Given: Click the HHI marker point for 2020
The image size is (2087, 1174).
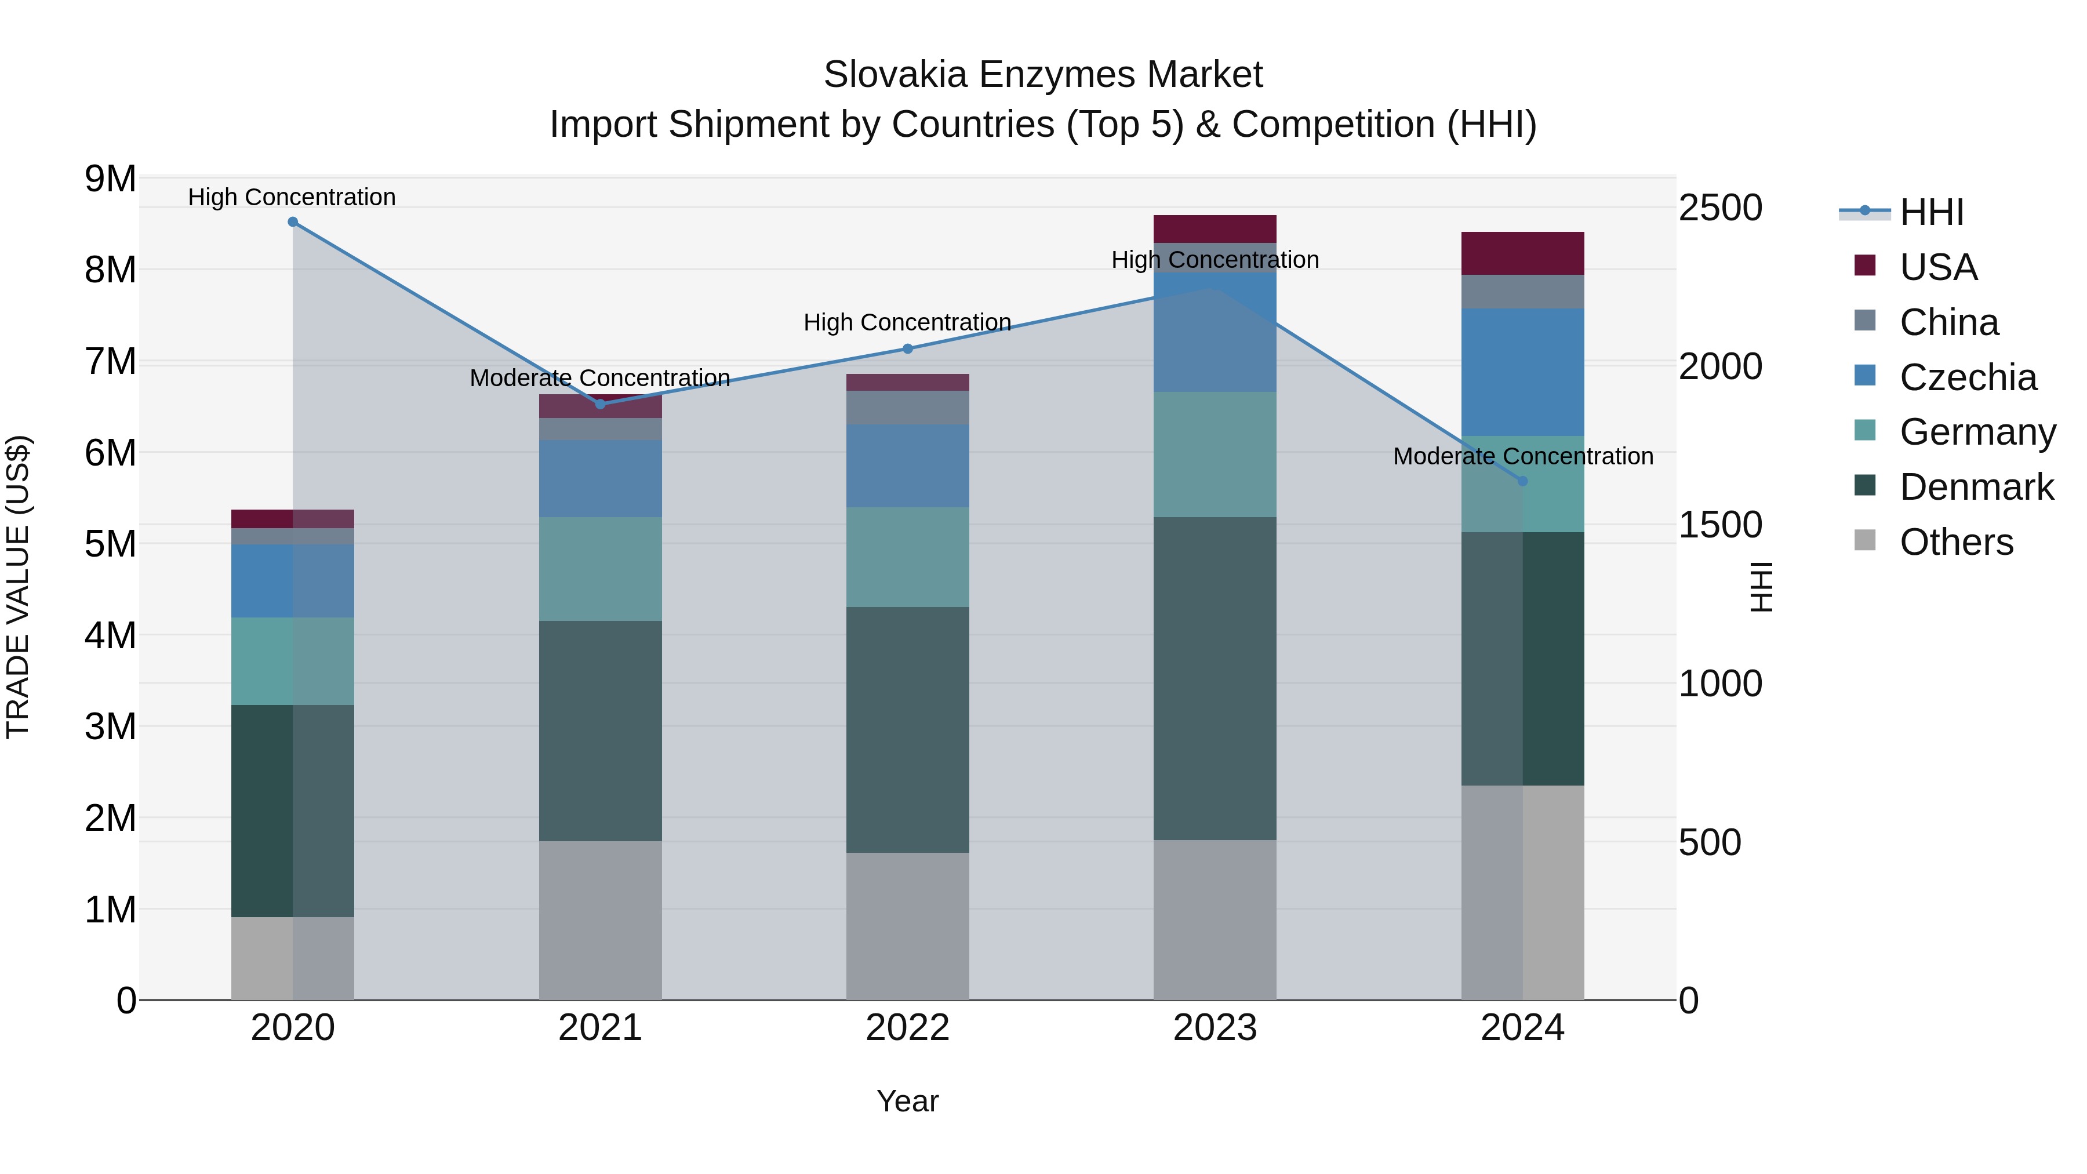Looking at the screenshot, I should [x=293, y=222].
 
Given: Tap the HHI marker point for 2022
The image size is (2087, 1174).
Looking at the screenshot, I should [x=907, y=349].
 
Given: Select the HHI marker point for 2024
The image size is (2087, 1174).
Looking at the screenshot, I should [x=1522, y=481].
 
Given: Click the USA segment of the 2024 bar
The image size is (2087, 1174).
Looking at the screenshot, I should [x=1522, y=253].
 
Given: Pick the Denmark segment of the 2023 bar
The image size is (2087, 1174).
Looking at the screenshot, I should [x=1215, y=678].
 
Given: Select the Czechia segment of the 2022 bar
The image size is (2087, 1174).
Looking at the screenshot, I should [x=907, y=466].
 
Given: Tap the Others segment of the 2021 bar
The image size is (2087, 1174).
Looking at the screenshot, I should [x=601, y=921].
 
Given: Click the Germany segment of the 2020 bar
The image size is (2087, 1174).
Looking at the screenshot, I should [x=293, y=661].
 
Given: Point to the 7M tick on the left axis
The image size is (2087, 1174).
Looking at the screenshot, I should [x=110, y=361].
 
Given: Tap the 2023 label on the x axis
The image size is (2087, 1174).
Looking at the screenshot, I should [x=1215, y=1028].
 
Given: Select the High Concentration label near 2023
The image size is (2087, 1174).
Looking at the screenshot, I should [x=1215, y=260].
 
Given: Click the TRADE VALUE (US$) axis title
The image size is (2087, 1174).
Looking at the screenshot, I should [x=18, y=587].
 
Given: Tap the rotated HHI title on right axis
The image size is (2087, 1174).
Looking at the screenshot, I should [x=1761, y=587].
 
